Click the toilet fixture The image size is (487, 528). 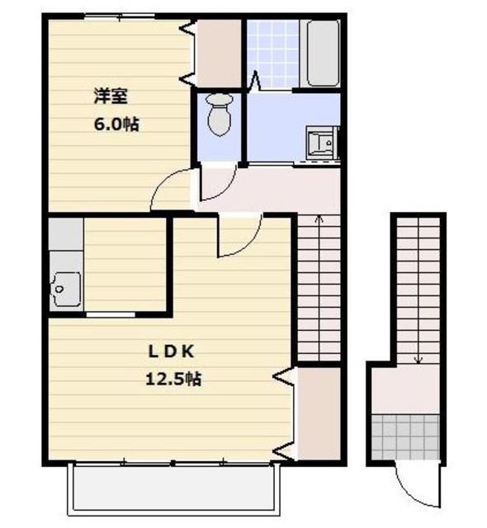click(220, 115)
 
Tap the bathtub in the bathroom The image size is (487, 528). click(323, 53)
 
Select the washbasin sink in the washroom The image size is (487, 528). click(322, 143)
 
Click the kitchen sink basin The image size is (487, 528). click(66, 289)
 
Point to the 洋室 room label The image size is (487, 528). click(111, 97)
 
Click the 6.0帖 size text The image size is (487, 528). click(116, 125)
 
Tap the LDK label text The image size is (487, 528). click(172, 352)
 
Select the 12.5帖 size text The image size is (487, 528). click(173, 379)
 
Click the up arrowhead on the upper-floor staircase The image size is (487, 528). click(319, 219)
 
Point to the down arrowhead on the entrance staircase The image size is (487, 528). click(418, 360)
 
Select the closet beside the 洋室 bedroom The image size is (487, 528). click(219, 54)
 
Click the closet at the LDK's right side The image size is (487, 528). click(319, 413)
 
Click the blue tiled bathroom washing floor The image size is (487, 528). click(272, 54)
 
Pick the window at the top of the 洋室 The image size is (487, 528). click(119, 16)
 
